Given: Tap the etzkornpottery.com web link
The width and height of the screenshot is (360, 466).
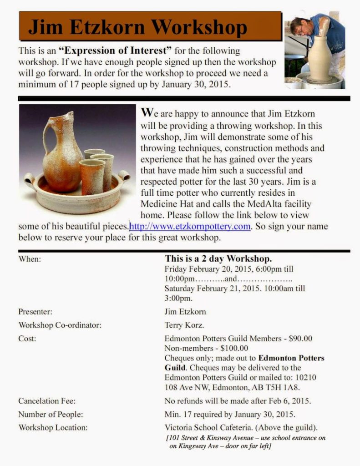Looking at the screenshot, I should (x=190, y=226).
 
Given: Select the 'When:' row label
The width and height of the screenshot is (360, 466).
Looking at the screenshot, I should (x=30, y=259).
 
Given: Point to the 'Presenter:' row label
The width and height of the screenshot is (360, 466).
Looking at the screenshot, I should (x=35, y=312).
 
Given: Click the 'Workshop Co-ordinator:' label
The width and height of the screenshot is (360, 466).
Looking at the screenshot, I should (x=60, y=325).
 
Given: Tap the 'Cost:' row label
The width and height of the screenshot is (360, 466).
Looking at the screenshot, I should (x=27, y=339).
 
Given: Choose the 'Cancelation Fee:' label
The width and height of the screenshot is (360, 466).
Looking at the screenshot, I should (x=46, y=401).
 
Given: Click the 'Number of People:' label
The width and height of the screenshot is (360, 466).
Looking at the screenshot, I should (x=51, y=414).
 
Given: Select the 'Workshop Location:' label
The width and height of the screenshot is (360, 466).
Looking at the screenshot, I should (x=53, y=427).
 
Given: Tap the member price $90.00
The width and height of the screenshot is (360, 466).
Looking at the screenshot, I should (x=300, y=339).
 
